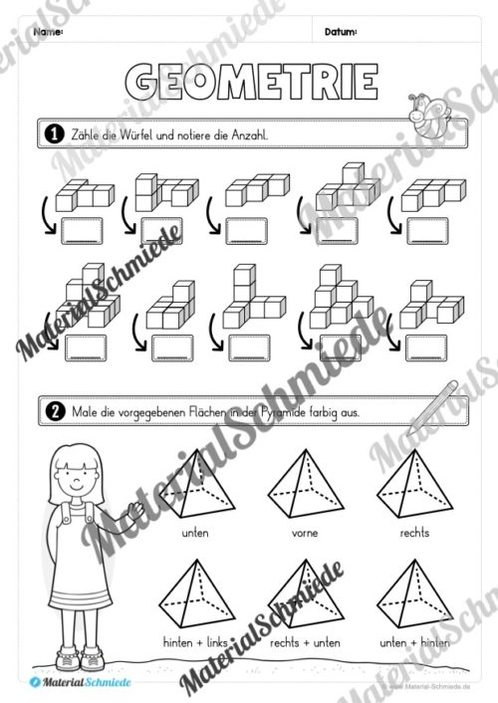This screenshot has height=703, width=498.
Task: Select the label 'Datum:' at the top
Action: click(341, 32)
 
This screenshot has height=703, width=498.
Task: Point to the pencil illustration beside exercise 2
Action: click(431, 404)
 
